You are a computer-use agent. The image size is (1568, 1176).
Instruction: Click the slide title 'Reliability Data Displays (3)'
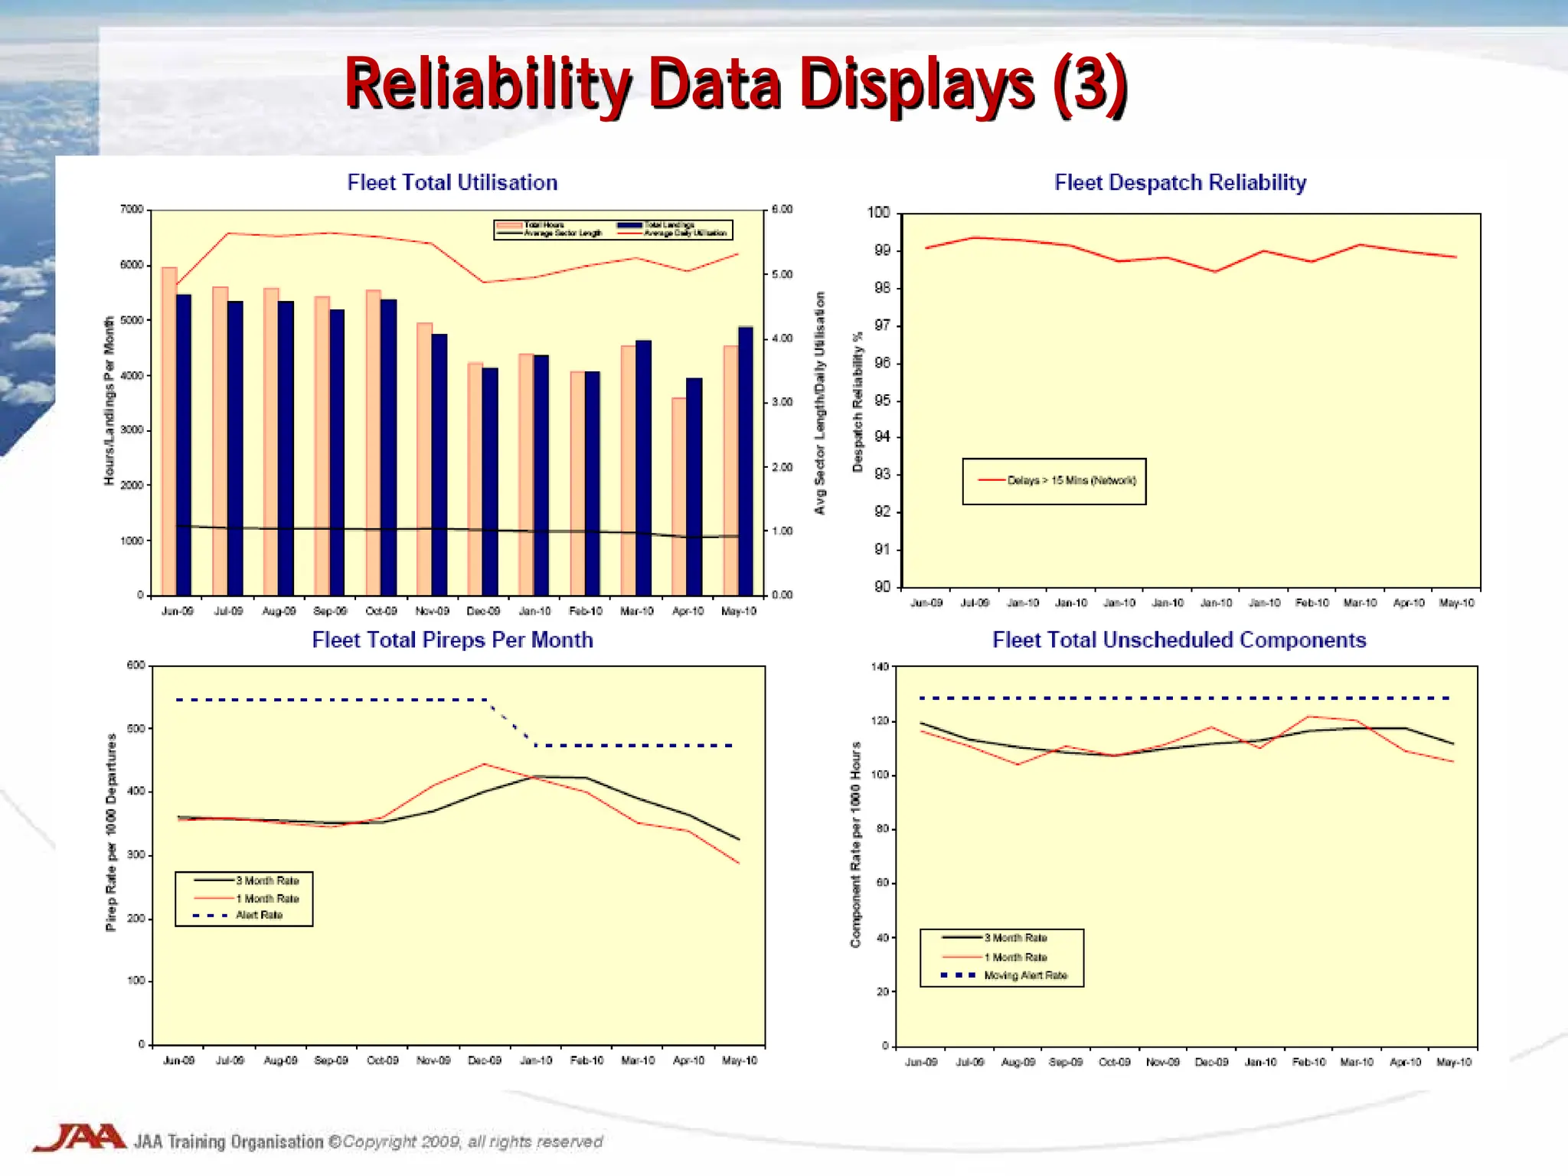pyautogui.click(x=735, y=84)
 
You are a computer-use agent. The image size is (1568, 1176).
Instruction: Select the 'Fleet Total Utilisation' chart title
pyautogui.click(x=452, y=182)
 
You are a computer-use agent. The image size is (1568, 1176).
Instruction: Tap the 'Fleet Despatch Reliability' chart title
pyautogui.click(x=1180, y=182)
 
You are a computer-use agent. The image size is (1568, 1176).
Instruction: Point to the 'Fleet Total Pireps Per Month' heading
pyautogui.click(x=452, y=639)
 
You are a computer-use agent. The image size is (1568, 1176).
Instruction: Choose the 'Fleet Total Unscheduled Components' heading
pyautogui.click(x=1179, y=639)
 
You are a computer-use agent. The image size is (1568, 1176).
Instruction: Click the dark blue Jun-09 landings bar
pyautogui.click(x=184, y=444)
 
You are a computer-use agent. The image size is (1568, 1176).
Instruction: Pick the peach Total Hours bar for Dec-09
pyautogui.click(x=475, y=479)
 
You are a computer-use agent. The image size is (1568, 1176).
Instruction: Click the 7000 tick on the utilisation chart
pyautogui.click(x=132, y=209)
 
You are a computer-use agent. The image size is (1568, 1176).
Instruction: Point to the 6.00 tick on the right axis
pyautogui.click(x=782, y=209)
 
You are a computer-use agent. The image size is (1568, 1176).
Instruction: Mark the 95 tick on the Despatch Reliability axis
pyautogui.click(x=882, y=400)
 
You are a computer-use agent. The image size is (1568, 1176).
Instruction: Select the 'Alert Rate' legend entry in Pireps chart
pyautogui.click(x=259, y=915)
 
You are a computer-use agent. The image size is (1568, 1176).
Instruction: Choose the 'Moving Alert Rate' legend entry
pyautogui.click(x=1025, y=975)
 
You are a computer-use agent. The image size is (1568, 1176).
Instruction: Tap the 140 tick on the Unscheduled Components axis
pyautogui.click(x=880, y=667)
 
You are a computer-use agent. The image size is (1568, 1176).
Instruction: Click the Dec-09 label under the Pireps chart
pyautogui.click(x=484, y=1060)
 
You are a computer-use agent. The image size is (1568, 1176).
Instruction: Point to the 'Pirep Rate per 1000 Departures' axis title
pyautogui.click(x=112, y=832)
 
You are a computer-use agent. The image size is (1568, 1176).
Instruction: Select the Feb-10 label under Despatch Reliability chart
pyautogui.click(x=1312, y=603)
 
